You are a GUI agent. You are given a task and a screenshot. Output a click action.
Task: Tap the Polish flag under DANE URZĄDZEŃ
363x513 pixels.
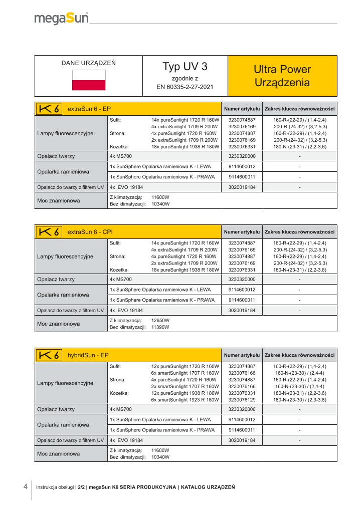(89, 80)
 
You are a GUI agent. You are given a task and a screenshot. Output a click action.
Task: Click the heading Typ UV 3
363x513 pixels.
(185, 67)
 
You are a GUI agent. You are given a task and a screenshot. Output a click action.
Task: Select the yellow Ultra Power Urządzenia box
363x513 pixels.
(282, 76)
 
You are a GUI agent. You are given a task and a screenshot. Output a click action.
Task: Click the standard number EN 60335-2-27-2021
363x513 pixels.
(185, 87)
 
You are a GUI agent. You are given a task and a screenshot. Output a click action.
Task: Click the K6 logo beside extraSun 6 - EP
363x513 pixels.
(50, 108)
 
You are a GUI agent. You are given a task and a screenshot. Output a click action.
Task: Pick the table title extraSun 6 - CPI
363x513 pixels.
(93, 232)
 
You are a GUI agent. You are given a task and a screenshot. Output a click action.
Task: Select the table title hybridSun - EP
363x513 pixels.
(88, 355)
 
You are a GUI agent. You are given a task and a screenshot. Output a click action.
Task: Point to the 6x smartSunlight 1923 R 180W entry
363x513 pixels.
(185, 399)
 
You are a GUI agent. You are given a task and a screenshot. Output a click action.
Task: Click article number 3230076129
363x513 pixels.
(242, 399)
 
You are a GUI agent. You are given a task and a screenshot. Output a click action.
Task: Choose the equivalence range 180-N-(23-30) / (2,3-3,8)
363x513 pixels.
(300, 399)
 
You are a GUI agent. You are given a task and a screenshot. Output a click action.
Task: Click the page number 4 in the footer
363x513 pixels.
(26, 486)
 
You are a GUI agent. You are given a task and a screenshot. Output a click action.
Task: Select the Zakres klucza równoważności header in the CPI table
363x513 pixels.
(299, 232)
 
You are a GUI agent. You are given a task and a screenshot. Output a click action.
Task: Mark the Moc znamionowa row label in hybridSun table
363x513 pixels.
(59, 454)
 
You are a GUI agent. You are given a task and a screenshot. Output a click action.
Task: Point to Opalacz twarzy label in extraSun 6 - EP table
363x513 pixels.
(56, 156)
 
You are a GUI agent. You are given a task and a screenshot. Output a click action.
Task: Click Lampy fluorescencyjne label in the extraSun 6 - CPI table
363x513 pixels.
(65, 256)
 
